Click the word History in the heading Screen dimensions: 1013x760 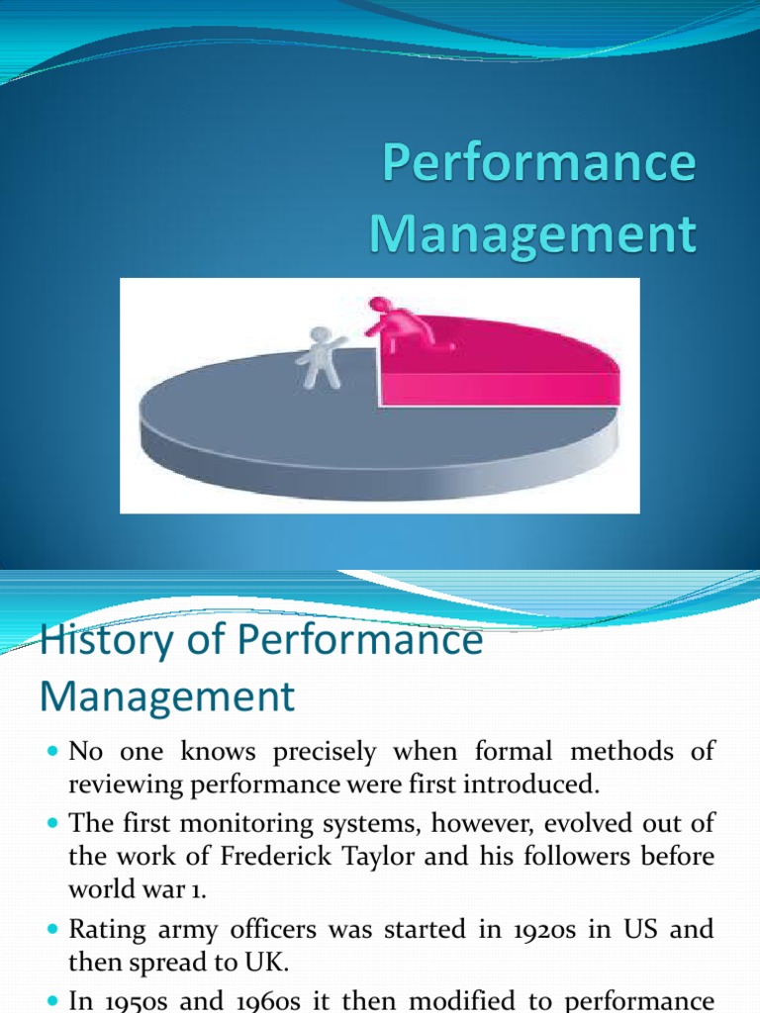(97, 642)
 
